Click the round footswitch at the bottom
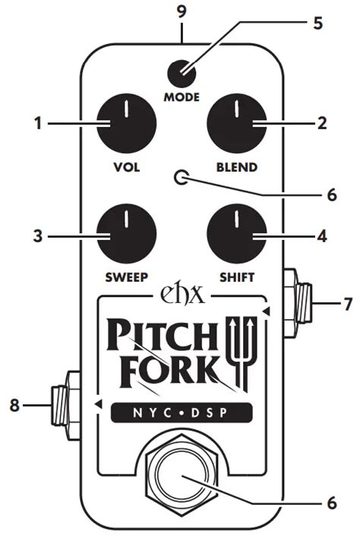pos(181,482)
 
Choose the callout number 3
pos(35,237)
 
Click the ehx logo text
pos(181,294)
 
